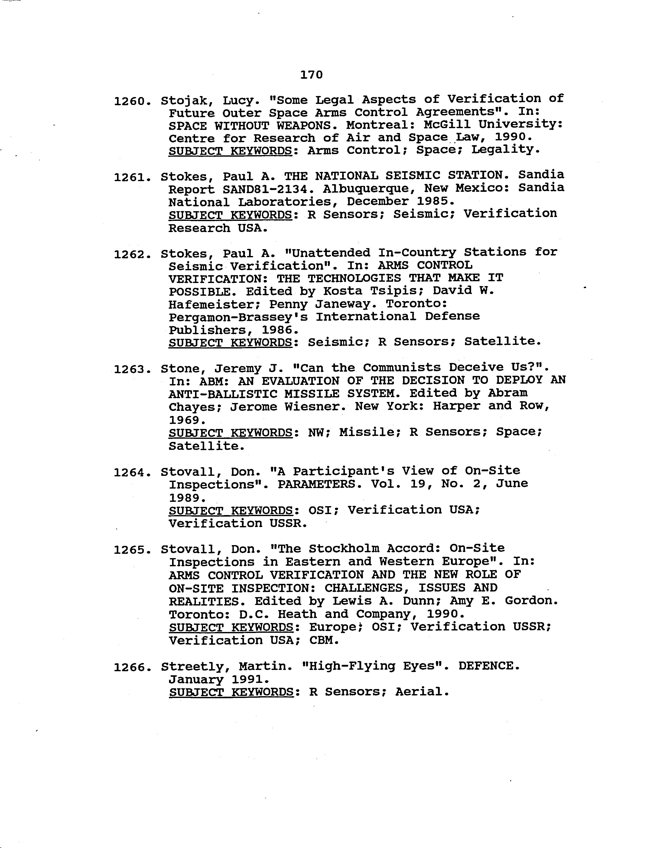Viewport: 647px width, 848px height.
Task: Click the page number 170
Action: tap(311, 75)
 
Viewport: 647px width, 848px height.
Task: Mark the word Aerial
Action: tap(422, 692)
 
